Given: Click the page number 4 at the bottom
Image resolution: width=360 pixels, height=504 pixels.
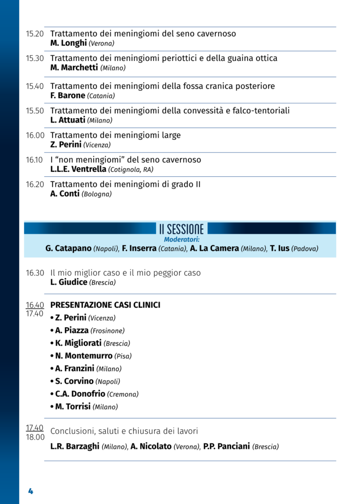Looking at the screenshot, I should click(31, 491).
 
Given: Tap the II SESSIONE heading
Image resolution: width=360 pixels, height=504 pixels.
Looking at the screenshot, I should click(181, 229).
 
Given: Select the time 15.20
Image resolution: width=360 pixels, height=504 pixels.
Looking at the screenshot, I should click(34, 34).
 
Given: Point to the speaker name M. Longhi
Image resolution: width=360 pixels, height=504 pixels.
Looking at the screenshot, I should click(68, 43).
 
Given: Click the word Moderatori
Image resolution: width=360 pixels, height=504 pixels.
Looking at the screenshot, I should click(181, 239).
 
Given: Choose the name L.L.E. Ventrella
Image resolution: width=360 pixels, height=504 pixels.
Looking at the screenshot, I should click(78, 169).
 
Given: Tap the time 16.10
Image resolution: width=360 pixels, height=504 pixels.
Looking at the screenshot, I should click(34, 160).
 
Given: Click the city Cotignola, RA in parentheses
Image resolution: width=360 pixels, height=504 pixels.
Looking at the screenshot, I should click(131, 170).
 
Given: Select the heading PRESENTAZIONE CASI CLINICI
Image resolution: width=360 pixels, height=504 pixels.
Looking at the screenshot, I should click(105, 305).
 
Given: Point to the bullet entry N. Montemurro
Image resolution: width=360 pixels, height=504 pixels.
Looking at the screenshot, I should click(84, 356).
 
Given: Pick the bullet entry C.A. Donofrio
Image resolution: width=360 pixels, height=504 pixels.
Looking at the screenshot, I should click(80, 394).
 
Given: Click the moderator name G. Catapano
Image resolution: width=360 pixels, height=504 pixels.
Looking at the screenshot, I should click(68, 249).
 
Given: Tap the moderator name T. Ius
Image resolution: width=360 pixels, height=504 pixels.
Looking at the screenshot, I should click(280, 249).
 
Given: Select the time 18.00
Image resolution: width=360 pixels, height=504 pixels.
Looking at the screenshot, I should click(35, 437).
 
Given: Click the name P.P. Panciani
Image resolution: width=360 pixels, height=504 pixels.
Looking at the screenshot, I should click(227, 447).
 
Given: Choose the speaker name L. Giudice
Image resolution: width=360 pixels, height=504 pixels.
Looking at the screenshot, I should click(69, 283).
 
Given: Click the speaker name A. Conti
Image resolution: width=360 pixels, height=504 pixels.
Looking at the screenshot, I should click(65, 194).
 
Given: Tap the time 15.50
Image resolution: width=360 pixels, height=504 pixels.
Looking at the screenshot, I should click(34, 111).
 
